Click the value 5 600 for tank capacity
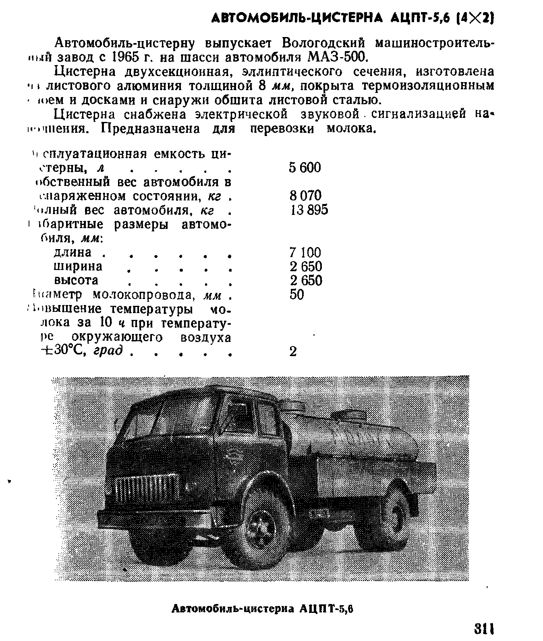[305, 167]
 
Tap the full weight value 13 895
[309, 210]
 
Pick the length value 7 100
[305, 252]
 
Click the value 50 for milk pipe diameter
[296, 295]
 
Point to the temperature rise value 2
[293, 351]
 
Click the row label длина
[73, 252]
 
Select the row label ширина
[78, 266]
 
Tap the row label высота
[76, 280]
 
